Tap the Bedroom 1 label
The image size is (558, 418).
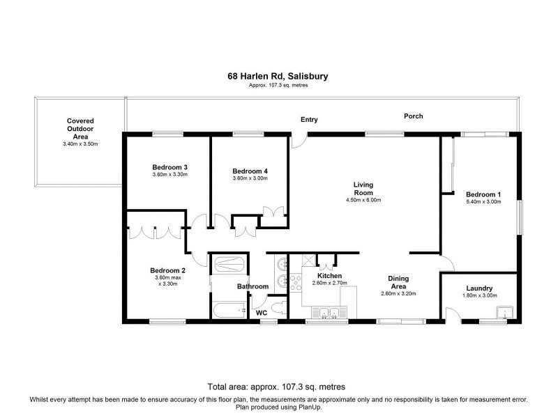coord(483,194)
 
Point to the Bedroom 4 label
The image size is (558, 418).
coord(250,171)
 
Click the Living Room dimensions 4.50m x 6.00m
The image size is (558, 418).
coord(363,200)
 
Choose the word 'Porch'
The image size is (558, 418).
coord(413,116)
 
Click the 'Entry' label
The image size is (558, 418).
coord(309,120)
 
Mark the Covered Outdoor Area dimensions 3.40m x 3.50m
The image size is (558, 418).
coord(80,144)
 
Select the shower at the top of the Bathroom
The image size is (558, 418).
coord(228,265)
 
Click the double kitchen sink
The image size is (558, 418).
coord(327,313)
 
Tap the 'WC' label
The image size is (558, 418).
coord(262,313)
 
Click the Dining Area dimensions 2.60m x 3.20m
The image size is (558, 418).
coord(398,294)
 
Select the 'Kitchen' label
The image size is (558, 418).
coord(329,276)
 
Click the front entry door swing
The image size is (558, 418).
coord(299,141)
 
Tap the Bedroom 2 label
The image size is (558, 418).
coord(168,270)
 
